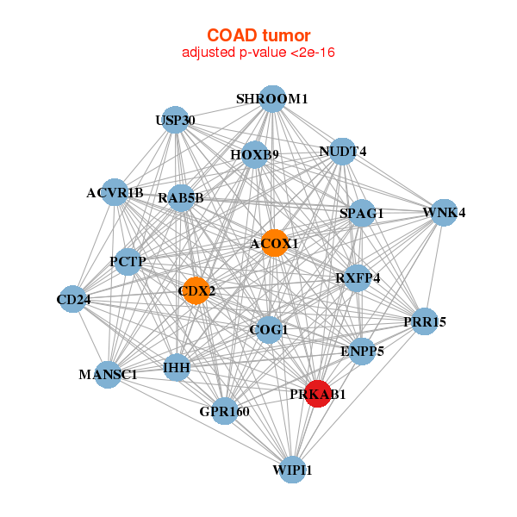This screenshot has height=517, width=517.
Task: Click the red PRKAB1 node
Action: coord(318,393)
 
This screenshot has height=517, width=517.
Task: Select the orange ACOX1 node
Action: coord(274,243)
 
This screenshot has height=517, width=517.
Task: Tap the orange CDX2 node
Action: coord(196,290)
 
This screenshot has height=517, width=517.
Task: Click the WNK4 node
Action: coord(443,212)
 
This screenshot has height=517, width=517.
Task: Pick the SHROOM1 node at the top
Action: coord(272,99)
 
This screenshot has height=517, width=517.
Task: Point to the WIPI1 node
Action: coord(292,469)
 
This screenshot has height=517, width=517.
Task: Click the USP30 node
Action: coord(175,120)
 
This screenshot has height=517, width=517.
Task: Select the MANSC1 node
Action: coord(109,374)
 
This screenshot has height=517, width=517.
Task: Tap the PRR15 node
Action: coord(424,321)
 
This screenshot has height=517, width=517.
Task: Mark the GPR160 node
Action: coord(224,411)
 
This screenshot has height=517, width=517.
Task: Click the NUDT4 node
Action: coord(343,152)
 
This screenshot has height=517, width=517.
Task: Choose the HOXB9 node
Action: coord(254,155)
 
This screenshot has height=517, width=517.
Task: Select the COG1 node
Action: coord(269,329)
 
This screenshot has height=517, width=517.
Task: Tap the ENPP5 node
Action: coord(362,351)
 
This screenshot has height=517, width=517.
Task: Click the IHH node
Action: coord(177,367)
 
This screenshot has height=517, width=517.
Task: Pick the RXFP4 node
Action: coord(358,277)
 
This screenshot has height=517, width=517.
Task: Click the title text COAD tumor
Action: coord(258,35)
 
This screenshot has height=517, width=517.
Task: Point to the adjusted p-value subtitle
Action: coord(258,53)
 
